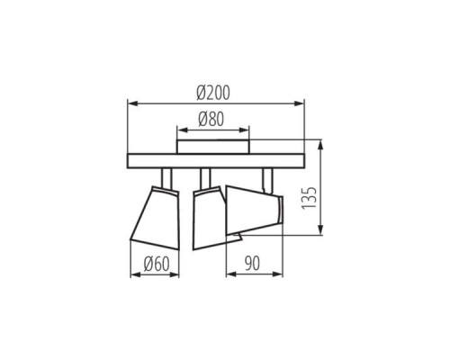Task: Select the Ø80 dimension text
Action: pyautogui.click(x=212, y=118)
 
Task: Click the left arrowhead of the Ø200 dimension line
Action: pyautogui.click(x=132, y=102)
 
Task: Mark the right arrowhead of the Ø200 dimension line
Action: pyautogui.click(x=304, y=102)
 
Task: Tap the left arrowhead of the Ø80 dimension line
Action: pyautogui.click(x=179, y=129)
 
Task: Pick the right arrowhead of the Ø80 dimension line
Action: pyautogui.click(x=248, y=129)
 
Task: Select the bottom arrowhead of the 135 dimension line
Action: pyautogui.click(x=323, y=236)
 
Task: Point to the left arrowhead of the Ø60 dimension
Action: pyautogui.click(x=133, y=274)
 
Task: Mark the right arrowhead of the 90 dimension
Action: pyautogui.click(x=282, y=274)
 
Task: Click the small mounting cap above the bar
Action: pyautogui.click(x=213, y=146)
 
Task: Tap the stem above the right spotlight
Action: pyautogui.click(x=265, y=179)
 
